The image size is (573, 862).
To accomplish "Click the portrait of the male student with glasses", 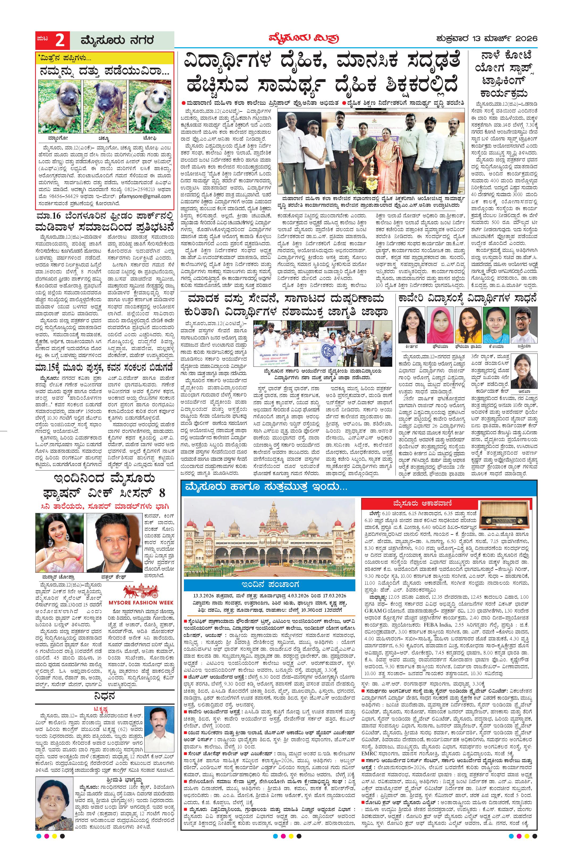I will pyautogui.click(x=524, y=323).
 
